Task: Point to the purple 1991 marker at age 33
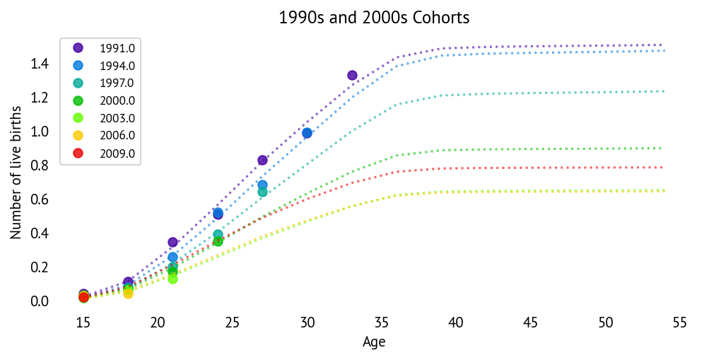click(352, 75)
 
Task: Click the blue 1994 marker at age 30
click(307, 133)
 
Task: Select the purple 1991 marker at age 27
click(262, 160)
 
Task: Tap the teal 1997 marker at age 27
click(262, 192)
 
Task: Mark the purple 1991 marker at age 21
click(172, 242)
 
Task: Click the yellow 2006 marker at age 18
click(128, 294)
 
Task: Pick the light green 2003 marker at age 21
click(172, 279)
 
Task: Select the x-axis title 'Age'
click(374, 342)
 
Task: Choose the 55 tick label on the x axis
click(679, 323)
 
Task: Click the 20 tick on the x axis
click(158, 323)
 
